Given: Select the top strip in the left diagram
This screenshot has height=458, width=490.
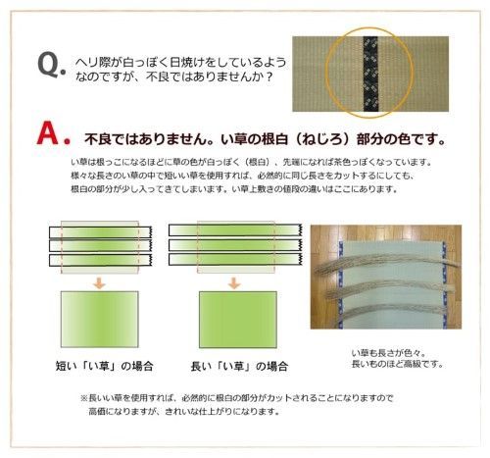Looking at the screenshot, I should [x=98, y=230].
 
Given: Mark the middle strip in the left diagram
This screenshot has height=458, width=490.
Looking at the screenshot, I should [x=98, y=246].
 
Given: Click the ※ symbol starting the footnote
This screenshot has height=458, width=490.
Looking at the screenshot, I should [x=83, y=399].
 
